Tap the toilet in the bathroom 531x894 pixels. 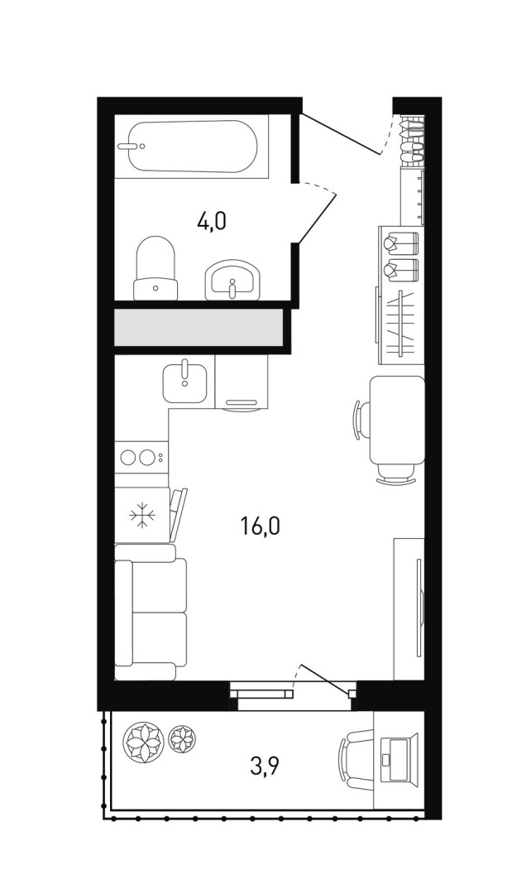pos(155,268)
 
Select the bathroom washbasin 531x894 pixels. pos(232,280)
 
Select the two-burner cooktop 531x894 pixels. pos(141,457)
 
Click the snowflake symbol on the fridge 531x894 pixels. pos(142,516)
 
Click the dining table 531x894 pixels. pos(397,420)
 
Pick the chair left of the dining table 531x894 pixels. pos(361,420)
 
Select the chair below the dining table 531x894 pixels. pos(396,474)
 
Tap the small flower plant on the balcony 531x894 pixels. pos(182,738)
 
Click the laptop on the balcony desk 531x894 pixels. pos(396,760)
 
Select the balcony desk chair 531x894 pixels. pos(356,760)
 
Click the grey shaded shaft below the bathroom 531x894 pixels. pos(199,327)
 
